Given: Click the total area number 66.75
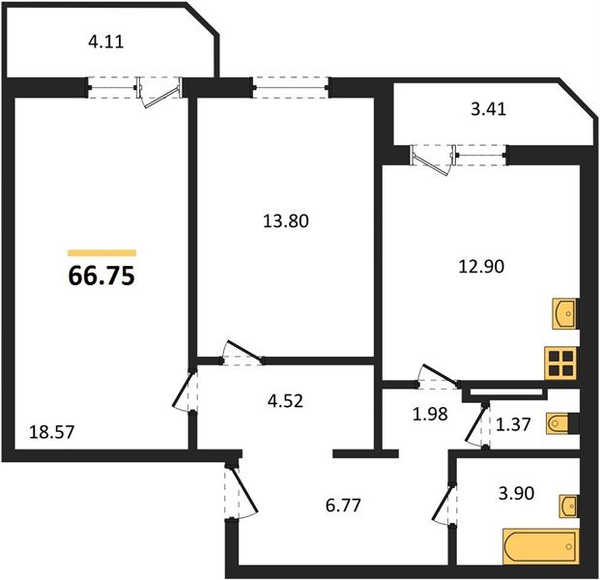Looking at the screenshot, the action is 101,275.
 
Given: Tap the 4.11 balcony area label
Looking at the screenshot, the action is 106,42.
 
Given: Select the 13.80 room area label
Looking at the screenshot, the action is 286,221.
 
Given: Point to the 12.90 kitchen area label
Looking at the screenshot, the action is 481,266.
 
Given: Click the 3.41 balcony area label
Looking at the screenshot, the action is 489,109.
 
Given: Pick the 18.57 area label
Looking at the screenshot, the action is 51,433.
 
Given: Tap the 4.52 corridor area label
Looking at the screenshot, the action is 285,401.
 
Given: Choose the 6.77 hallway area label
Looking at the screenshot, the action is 343,506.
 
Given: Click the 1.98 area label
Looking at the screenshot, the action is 430,415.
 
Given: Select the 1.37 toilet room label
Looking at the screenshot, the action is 513,424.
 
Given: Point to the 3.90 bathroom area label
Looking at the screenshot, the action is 517,493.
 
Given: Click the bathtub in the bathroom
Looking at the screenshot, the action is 541,547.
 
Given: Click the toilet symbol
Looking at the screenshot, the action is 562,423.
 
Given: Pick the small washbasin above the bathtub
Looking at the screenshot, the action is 568,507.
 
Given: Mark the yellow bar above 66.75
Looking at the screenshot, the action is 102,252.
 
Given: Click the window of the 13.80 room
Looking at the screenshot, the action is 290,88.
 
